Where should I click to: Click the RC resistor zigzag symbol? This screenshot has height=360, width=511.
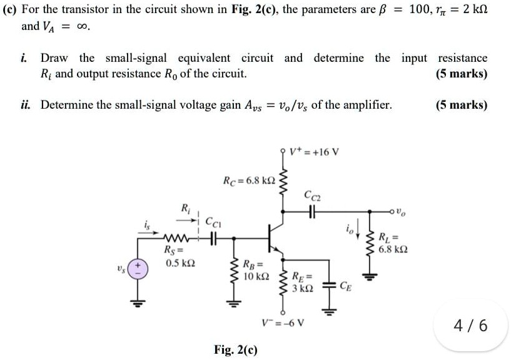tap(282, 181)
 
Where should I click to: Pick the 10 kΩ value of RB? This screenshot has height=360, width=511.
tap(258, 275)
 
